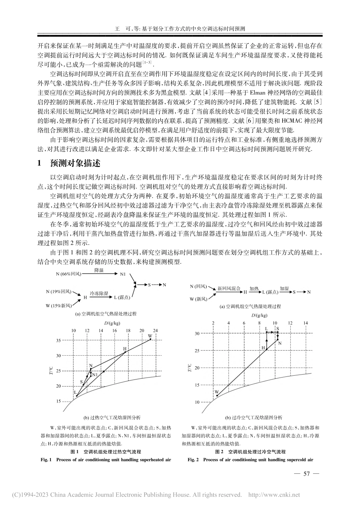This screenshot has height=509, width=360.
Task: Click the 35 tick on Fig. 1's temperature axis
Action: pos(58,340)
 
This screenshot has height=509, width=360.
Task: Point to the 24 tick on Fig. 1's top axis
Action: pos(155,331)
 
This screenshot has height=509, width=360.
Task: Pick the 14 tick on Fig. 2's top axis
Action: pos(305,323)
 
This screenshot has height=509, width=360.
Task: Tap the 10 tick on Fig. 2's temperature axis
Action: pos(197,402)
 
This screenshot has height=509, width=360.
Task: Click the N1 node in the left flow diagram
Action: pos(123,274)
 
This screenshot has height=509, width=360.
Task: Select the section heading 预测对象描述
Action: pos(76,164)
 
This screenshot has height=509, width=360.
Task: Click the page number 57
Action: pos(307,473)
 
